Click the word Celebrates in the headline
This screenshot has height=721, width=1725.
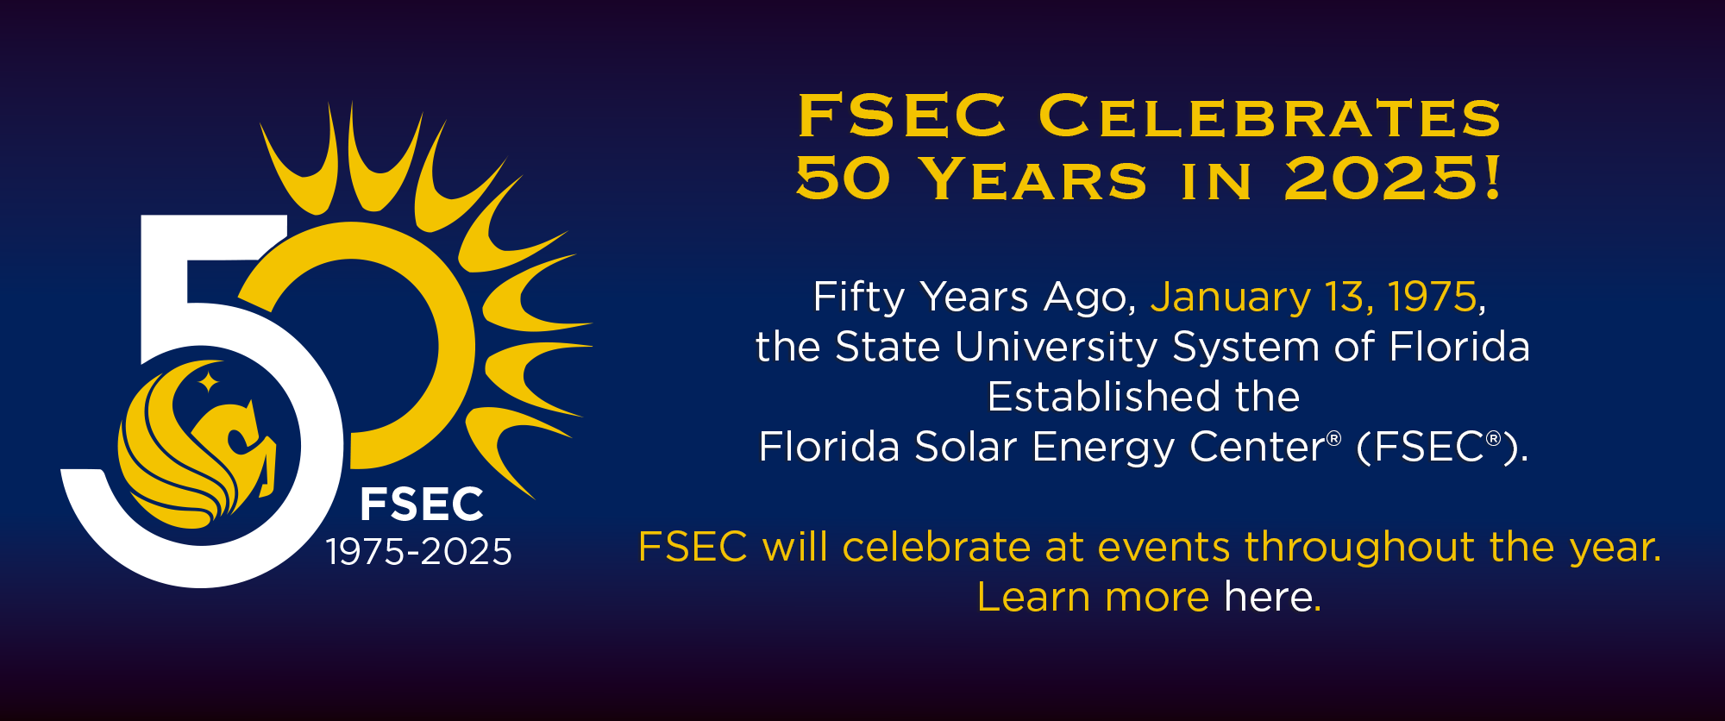tap(1270, 116)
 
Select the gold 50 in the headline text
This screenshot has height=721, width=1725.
tap(843, 179)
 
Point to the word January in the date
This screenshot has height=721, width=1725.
tap(1231, 298)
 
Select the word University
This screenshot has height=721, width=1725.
tap(1056, 348)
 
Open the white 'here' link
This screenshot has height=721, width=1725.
tap(1272, 597)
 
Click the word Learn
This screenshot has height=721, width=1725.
tap(1033, 597)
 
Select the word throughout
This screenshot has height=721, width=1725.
tap(1359, 547)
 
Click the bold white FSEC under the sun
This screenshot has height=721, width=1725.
tap(422, 505)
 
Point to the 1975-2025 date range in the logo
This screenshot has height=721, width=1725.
tap(419, 552)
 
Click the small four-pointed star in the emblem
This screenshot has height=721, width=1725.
tap(208, 381)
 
